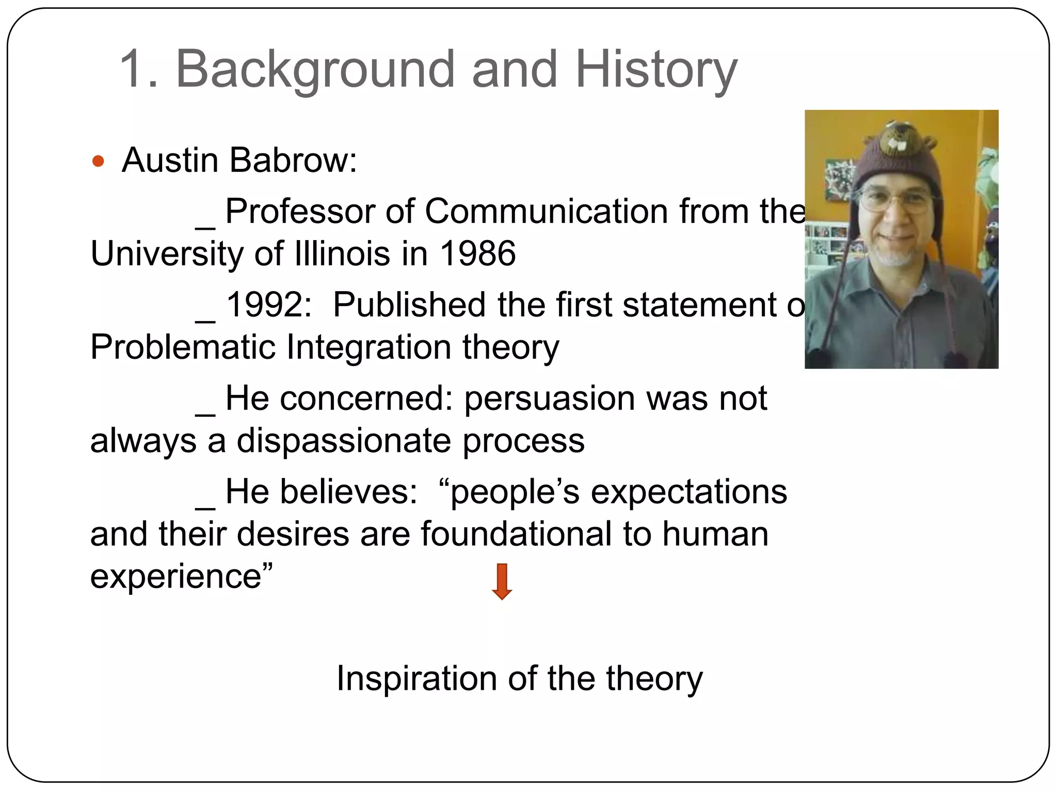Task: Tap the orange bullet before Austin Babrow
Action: coord(98,162)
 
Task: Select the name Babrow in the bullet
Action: coord(293,160)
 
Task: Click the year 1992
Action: coord(268,305)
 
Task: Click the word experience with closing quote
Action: coord(181,576)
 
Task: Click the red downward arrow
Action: coord(502,581)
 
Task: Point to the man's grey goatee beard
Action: coord(897,256)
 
